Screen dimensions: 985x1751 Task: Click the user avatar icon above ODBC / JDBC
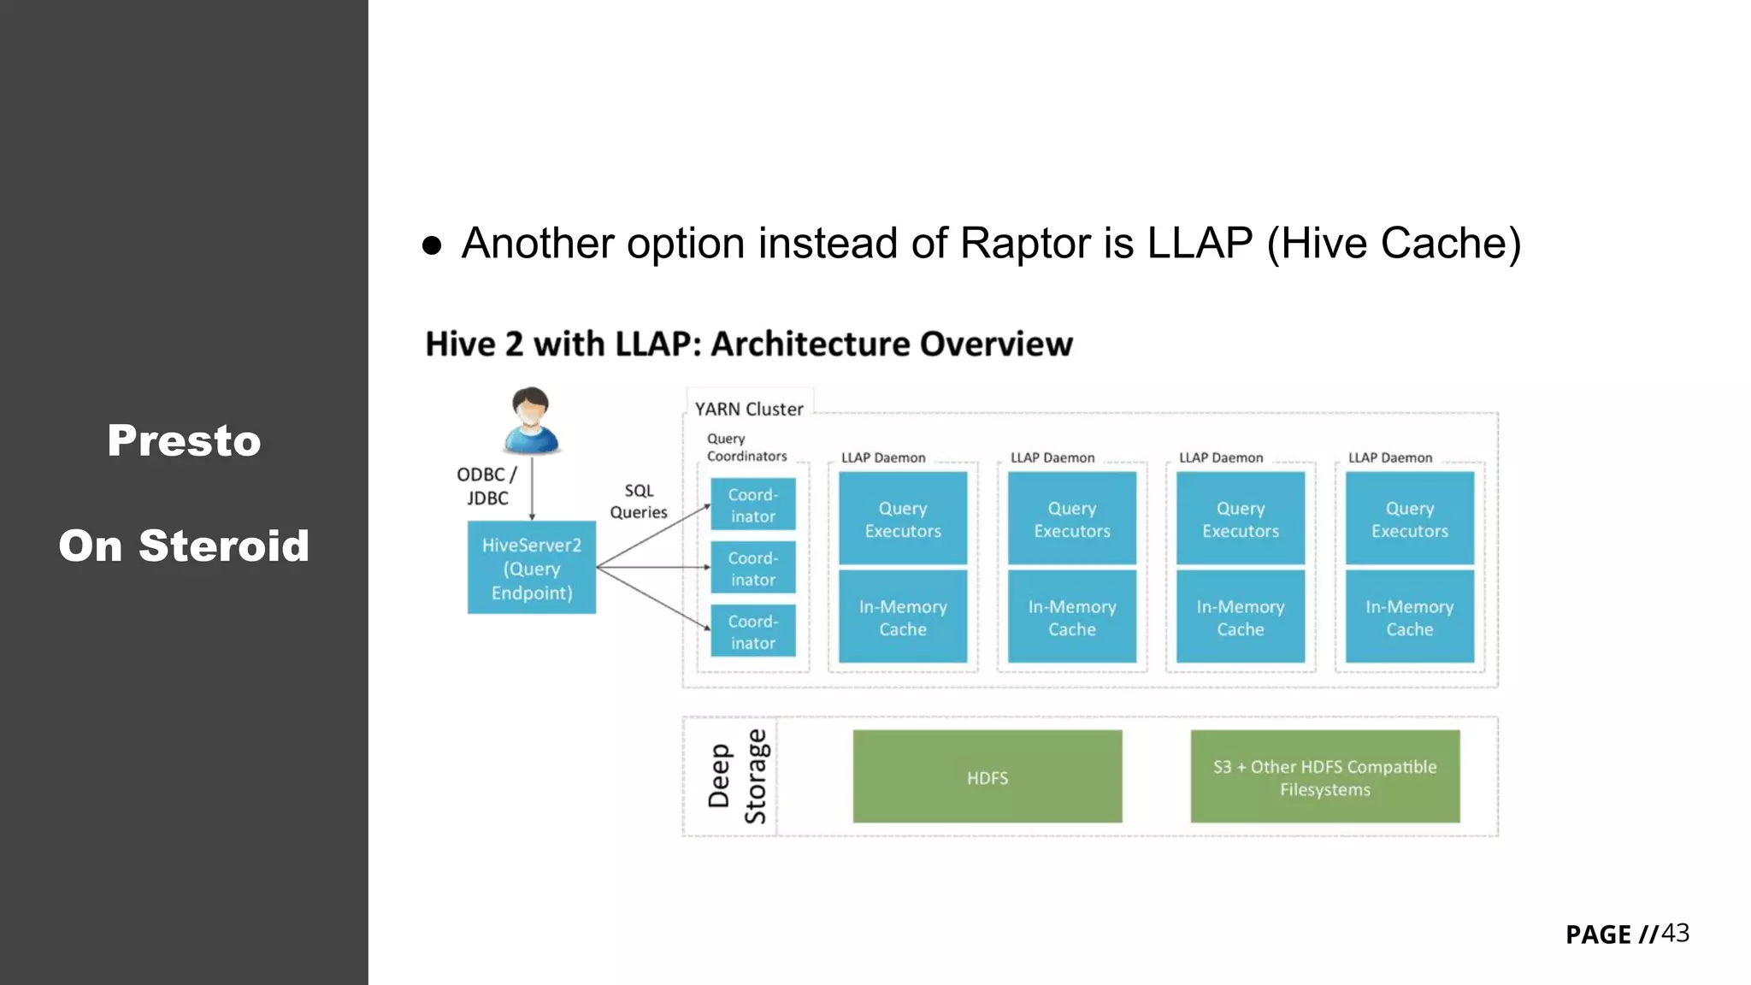click(531, 420)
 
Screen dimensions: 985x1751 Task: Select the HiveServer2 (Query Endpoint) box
click(531, 568)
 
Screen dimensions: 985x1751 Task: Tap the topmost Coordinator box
click(752, 504)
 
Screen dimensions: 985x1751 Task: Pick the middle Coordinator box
click(752, 568)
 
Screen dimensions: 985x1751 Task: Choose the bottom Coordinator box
click(752, 631)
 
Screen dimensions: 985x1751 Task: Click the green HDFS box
click(987, 776)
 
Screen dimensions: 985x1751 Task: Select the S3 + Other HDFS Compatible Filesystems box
click(1324, 776)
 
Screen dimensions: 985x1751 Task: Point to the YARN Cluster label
click(749, 409)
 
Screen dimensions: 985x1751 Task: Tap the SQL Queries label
click(638, 501)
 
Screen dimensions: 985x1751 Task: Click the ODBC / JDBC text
click(486, 486)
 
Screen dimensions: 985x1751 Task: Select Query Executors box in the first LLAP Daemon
click(902, 518)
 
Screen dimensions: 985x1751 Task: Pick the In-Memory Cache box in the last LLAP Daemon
click(1409, 616)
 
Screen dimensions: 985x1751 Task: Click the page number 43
click(1675, 933)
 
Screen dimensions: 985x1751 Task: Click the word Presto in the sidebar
click(184, 440)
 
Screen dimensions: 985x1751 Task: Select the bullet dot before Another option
click(432, 246)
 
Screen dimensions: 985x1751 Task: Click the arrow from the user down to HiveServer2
click(532, 487)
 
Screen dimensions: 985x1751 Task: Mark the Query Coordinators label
click(746, 447)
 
